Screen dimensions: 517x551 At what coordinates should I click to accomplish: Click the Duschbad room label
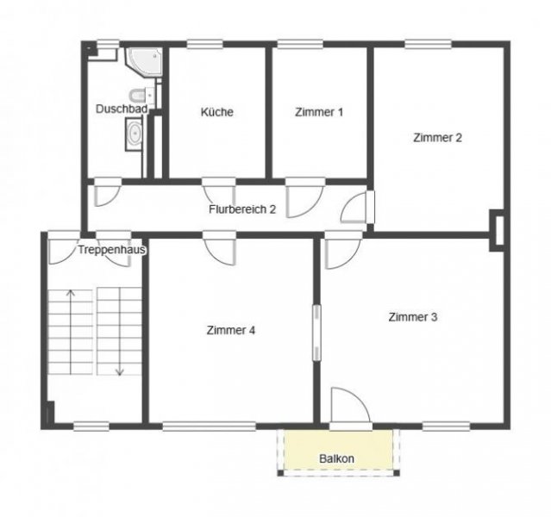(x=122, y=109)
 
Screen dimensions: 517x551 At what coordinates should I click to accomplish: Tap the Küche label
(x=216, y=112)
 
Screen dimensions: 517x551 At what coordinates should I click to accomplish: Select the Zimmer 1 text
(x=319, y=112)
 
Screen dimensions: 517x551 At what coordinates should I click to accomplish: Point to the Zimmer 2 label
(x=437, y=137)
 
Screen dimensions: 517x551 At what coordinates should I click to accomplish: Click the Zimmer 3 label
(x=413, y=317)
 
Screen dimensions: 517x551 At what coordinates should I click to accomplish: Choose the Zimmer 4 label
(x=231, y=330)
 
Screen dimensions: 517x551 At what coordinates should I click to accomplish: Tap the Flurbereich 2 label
(x=242, y=209)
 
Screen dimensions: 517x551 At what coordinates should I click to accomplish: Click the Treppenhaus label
(x=111, y=250)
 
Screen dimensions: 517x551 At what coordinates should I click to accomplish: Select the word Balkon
(x=336, y=458)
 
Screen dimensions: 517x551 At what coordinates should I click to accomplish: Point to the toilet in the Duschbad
(x=138, y=95)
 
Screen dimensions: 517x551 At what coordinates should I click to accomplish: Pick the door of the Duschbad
(x=107, y=193)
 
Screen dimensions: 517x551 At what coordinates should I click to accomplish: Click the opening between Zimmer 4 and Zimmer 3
(x=316, y=333)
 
